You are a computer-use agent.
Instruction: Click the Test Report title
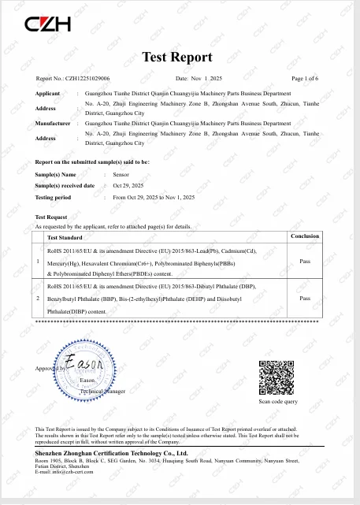point(177,57)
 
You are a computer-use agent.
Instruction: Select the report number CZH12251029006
point(89,79)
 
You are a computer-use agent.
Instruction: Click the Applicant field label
point(48,93)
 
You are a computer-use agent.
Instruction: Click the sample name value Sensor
point(122,174)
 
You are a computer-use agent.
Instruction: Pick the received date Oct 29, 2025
point(128,185)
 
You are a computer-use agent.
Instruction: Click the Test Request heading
point(51,217)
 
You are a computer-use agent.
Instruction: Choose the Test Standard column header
point(65,237)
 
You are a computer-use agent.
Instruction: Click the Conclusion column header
point(304,236)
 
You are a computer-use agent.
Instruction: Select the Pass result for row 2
point(304,299)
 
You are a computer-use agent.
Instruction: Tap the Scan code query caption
point(278,402)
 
